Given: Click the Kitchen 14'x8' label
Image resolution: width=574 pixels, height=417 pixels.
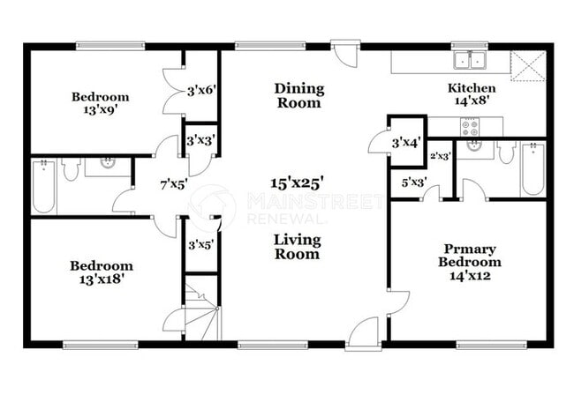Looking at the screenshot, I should coord(472,94).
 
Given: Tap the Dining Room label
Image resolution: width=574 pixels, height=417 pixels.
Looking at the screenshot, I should coord(298,95).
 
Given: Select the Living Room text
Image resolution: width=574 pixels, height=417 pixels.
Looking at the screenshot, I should coord(297,247).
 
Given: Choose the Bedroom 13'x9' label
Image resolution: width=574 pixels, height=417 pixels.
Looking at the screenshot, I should coord(100,103).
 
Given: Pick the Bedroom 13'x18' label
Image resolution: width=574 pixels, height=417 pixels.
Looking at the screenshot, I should coord(102,272).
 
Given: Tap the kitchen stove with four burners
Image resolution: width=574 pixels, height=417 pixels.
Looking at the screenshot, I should coord(470,126).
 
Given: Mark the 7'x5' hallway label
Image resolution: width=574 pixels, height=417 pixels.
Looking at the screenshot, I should coord(173,184).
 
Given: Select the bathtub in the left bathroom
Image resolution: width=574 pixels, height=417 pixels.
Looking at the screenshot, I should coord(44,187).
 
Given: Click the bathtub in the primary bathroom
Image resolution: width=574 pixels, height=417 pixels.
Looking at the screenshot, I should coord(532,169).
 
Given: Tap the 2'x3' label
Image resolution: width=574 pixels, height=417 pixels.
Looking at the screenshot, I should coord(440,156).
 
